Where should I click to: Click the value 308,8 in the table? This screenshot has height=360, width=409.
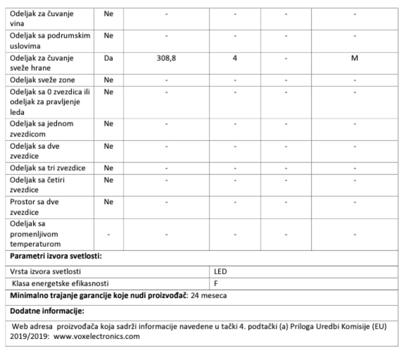(x=166, y=59)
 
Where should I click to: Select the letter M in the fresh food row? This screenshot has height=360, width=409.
(x=355, y=59)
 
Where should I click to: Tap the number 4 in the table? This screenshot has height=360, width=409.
(x=235, y=59)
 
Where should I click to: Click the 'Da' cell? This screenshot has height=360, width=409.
(x=108, y=59)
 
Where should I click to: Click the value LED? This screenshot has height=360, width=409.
(x=220, y=271)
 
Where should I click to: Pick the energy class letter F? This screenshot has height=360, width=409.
(x=216, y=283)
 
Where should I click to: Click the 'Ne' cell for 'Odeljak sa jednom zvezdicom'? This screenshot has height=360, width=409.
(x=108, y=124)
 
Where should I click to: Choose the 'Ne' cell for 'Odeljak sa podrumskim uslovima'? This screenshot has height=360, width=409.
(x=108, y=36)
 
